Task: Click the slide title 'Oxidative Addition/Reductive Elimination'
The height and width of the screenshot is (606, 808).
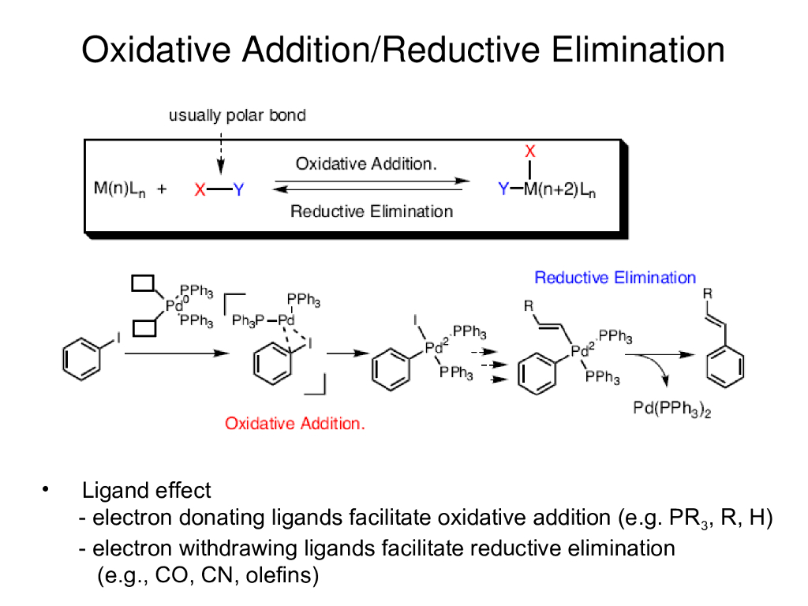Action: [403, 50]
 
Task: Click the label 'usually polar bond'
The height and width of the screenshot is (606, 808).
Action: [237, 115]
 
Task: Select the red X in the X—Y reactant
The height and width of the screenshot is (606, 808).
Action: [200, 189]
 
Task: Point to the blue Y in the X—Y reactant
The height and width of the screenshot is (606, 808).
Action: [239, 189]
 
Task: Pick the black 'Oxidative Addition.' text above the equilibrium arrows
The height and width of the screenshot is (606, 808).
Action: [366, 164]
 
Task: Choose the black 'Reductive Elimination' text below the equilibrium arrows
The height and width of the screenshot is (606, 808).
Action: [372, 211]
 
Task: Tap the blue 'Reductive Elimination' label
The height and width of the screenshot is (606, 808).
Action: [615, 278]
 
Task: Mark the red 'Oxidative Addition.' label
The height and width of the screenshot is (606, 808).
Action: [295, 424]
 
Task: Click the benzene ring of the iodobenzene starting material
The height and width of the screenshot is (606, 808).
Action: [82, 359]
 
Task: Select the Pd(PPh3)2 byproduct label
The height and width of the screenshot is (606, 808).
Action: [672, 409]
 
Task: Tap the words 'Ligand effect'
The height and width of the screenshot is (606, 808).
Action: [147, 491]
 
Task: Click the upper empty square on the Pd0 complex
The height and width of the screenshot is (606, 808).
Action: [145, 283]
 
